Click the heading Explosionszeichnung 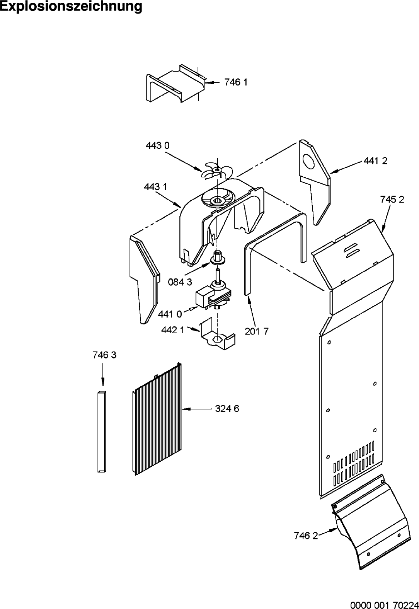point(71,7)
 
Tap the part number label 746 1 point(236,82)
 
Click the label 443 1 point(156,187)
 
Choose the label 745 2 point(392,200)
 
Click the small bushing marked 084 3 point(218,258)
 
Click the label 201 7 point(257,331)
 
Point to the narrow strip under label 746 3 point(102,432)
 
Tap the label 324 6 point(227,408)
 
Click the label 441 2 point(375,161)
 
